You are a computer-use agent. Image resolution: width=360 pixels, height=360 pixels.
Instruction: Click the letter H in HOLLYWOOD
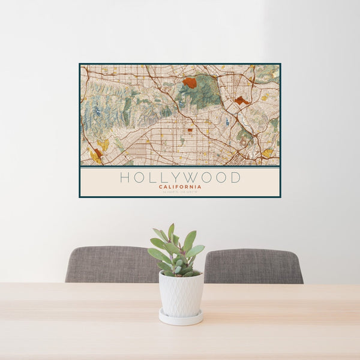(124, 178)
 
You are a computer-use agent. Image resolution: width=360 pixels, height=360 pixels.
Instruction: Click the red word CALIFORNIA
(180, 187)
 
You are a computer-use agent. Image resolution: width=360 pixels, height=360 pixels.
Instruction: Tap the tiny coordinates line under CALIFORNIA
(180, 191)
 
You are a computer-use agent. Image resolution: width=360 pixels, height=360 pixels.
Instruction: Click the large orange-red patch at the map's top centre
(190, 83)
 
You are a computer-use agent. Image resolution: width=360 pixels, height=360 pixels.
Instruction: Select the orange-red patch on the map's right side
(242, 101)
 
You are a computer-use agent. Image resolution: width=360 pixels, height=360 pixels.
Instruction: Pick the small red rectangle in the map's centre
(190, 129)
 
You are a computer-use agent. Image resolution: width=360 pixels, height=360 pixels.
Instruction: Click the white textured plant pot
(181, 294)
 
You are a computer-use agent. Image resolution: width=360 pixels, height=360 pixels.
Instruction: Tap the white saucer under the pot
(181, 317)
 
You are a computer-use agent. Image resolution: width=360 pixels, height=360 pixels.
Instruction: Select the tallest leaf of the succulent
(172, 231)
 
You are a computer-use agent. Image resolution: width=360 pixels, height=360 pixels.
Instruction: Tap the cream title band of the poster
(180, 181)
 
